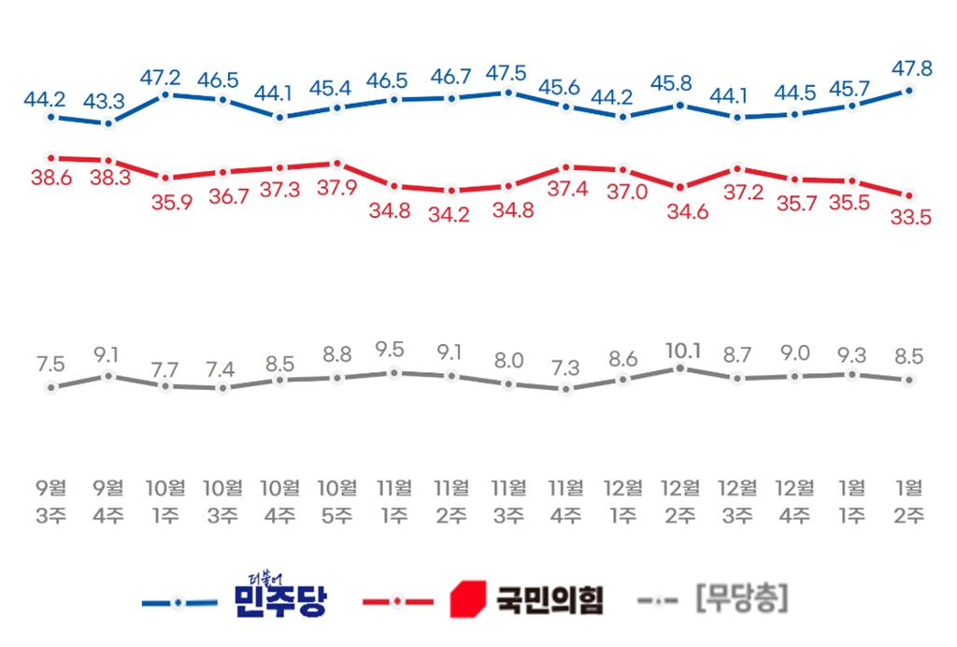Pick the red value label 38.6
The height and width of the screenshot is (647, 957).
[x=52, y=178]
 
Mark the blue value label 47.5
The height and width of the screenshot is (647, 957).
[x=507, y=72]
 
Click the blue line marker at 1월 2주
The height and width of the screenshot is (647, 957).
[x=908, y=91]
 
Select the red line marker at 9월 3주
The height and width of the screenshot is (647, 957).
[x=50, y=157]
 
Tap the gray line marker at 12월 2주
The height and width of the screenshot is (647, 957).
[x=680, y=368]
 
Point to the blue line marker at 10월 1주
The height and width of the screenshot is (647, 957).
[x=165, y=94]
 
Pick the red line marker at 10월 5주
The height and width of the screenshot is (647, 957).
[x=336, y=163]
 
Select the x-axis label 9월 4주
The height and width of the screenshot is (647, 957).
[x=108, y=501]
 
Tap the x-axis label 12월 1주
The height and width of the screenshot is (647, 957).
[x=623, y=501]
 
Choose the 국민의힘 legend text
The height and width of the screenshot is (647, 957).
[x=548, y=599]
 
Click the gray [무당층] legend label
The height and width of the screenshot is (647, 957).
[x=741, y=599]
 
